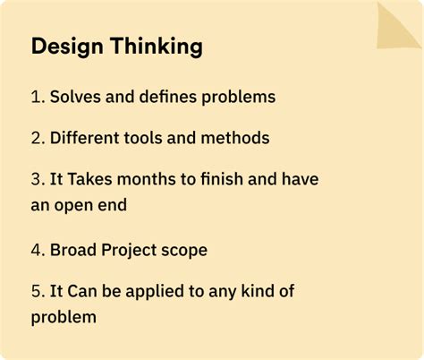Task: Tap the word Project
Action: point(131,250)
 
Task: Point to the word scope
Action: point(184,250)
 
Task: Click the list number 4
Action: point(37,250)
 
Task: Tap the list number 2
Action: point(37,139)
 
